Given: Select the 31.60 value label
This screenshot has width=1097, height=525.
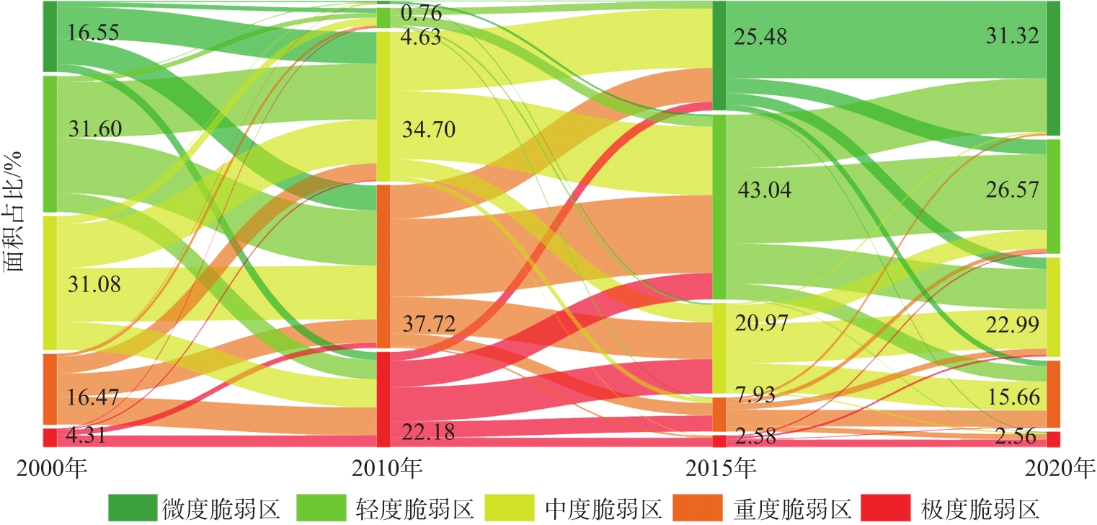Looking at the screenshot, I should tap(95, 128).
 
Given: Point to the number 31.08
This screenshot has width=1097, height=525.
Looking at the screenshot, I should tap(94, 284).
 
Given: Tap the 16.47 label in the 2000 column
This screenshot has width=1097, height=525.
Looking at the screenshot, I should tap(94, 397).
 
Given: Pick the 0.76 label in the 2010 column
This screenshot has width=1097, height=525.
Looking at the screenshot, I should tap(422, 12).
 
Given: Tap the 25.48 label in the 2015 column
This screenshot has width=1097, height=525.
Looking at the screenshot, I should tap(760, 37).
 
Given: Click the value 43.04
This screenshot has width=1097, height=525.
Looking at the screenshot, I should tap(764, 190).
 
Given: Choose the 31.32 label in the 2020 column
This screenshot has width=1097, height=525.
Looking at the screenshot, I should tap(1013, 37).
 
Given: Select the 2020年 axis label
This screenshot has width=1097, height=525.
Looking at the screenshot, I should tap(1060, 469).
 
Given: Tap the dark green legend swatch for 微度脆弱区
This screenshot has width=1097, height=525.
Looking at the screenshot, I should tap(132, 508).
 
